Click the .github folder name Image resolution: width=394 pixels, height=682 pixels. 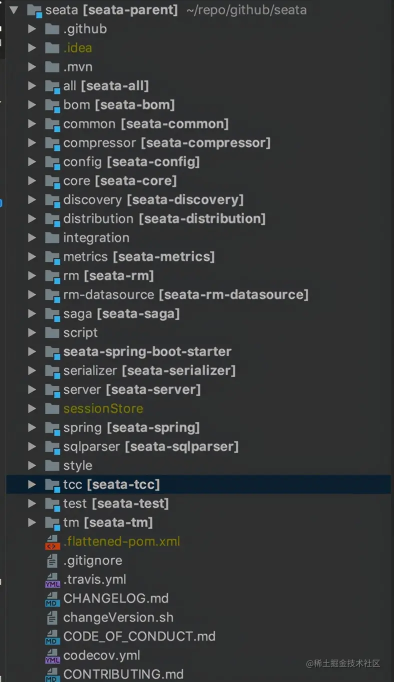(85, 29)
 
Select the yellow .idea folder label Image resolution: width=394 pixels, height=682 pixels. (77, 48)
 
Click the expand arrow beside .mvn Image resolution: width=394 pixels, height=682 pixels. (32, 67)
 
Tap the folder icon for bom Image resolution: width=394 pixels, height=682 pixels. (52, 105)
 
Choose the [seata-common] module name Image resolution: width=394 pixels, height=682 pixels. (175, 124)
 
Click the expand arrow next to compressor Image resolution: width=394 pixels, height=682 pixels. (32, 143)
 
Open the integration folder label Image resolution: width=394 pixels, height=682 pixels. (96, 238)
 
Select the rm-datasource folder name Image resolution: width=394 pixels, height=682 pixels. (108, 294)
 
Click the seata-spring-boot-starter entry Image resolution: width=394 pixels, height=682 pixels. (147, 351)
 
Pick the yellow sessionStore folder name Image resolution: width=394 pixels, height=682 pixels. (103, 408)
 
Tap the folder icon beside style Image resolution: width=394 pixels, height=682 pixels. (52, 465)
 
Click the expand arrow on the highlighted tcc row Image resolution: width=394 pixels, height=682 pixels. (32, 484)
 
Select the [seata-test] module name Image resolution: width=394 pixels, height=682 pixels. (130, 503)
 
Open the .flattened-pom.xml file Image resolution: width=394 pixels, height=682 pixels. (122, 541)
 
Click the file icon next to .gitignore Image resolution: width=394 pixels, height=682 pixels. (52, 560)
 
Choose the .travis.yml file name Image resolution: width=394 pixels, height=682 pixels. (94, 579)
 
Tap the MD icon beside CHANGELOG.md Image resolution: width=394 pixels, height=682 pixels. (52, 599)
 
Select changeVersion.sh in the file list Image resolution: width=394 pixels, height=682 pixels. (118, 617)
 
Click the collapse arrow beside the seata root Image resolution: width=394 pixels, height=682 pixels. (13, 10)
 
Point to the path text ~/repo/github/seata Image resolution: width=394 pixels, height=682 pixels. (246, 10)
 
